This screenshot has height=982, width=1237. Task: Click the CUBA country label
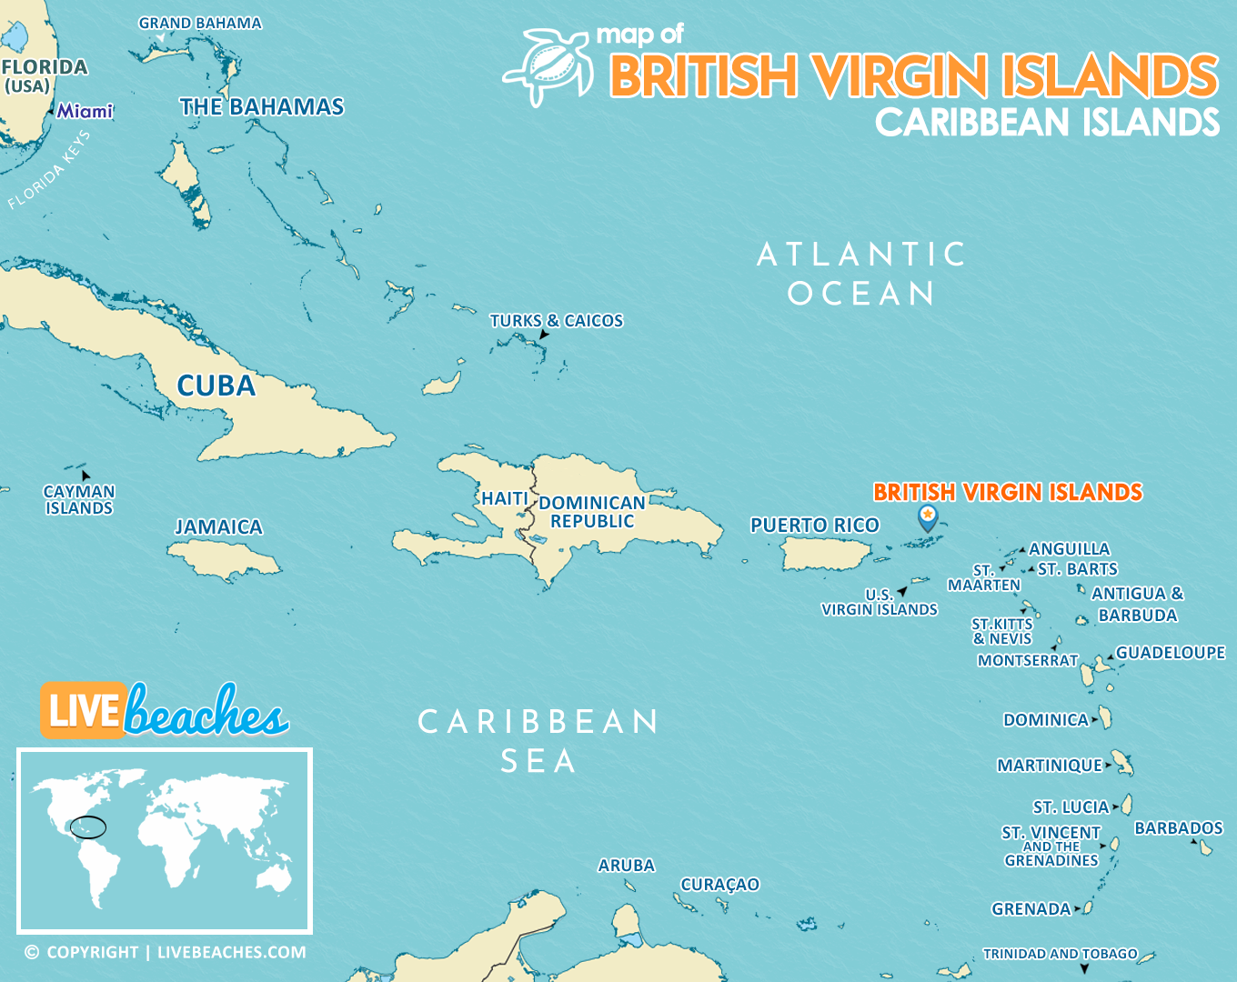click(216, 386)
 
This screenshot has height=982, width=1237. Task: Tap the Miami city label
click(85, 111)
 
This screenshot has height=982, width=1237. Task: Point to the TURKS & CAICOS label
click(556, 321)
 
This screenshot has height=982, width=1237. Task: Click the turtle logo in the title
click(548, 65)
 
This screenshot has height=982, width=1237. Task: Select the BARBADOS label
click(1178, 828)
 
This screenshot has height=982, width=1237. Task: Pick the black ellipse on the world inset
click(88, 827)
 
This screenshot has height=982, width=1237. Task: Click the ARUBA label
click(626, 866)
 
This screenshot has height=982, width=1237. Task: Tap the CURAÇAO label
click(719, 884)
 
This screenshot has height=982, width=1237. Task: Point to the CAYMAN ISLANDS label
click(79, 500)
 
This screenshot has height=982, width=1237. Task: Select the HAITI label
click(504, 498)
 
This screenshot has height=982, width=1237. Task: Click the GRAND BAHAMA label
click(200, 24)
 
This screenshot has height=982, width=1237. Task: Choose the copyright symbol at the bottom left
click(32, 953)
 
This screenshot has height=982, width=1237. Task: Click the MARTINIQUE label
click(1049, 766)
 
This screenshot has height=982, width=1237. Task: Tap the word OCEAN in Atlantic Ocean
click(860, 294)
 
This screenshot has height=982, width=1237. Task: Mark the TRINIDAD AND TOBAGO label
click(1060, 954)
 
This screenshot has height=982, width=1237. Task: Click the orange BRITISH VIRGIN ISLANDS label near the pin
click(1007, 492)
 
